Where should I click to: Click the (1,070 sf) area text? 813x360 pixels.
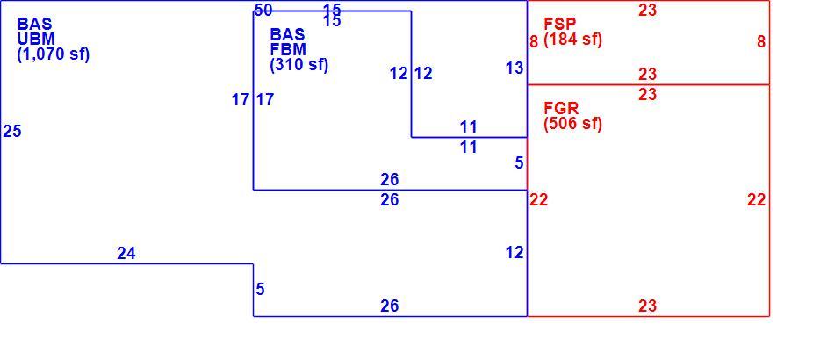pyautogui.click(x=54, y=54)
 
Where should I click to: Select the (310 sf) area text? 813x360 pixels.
pyautogui.click(x=299, y=65)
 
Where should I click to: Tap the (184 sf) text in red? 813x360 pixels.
pyautogui.click(x=573, y=40)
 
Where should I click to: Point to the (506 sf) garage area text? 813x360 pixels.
pyautogui.click(x=573, y=124)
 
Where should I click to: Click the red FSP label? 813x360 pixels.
pyautogui.click(x=560, y=24)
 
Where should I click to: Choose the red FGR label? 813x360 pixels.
pyautogui.click(x=562, y=108)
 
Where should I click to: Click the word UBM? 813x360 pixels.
pyautogui.click(x=36, y=39)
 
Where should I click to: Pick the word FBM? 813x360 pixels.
pyautogui.click(x=288, y=50)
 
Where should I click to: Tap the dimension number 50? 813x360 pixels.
pyautogui.click(x=263, y=10)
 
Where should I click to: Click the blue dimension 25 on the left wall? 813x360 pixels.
pyautogui.click(x=12, y=131)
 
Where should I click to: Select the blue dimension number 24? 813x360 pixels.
pyautogui.click(x=126, y=253)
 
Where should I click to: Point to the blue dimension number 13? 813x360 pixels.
pyautogui.click(x=514, y=68)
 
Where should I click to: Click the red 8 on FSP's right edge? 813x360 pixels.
pyautogui.click(x=760, y=42)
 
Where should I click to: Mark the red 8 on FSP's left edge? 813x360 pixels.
pyautogui.click(x=534, y=41)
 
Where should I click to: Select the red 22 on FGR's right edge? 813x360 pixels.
pyautogui.click(x=757, y=199)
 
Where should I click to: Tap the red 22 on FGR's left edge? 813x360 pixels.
pyautogui.click(x=539, y=199)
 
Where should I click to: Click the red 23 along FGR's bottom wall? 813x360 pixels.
pyautogui.click(x=648, y=306)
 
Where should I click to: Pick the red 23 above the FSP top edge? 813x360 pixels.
pyautogui.click(x=648, y=10)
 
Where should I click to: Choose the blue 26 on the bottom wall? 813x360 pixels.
pyautogui.click(x=390, y=306)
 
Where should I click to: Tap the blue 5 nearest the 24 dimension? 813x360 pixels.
pyautogui.click(x=260, y=290)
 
